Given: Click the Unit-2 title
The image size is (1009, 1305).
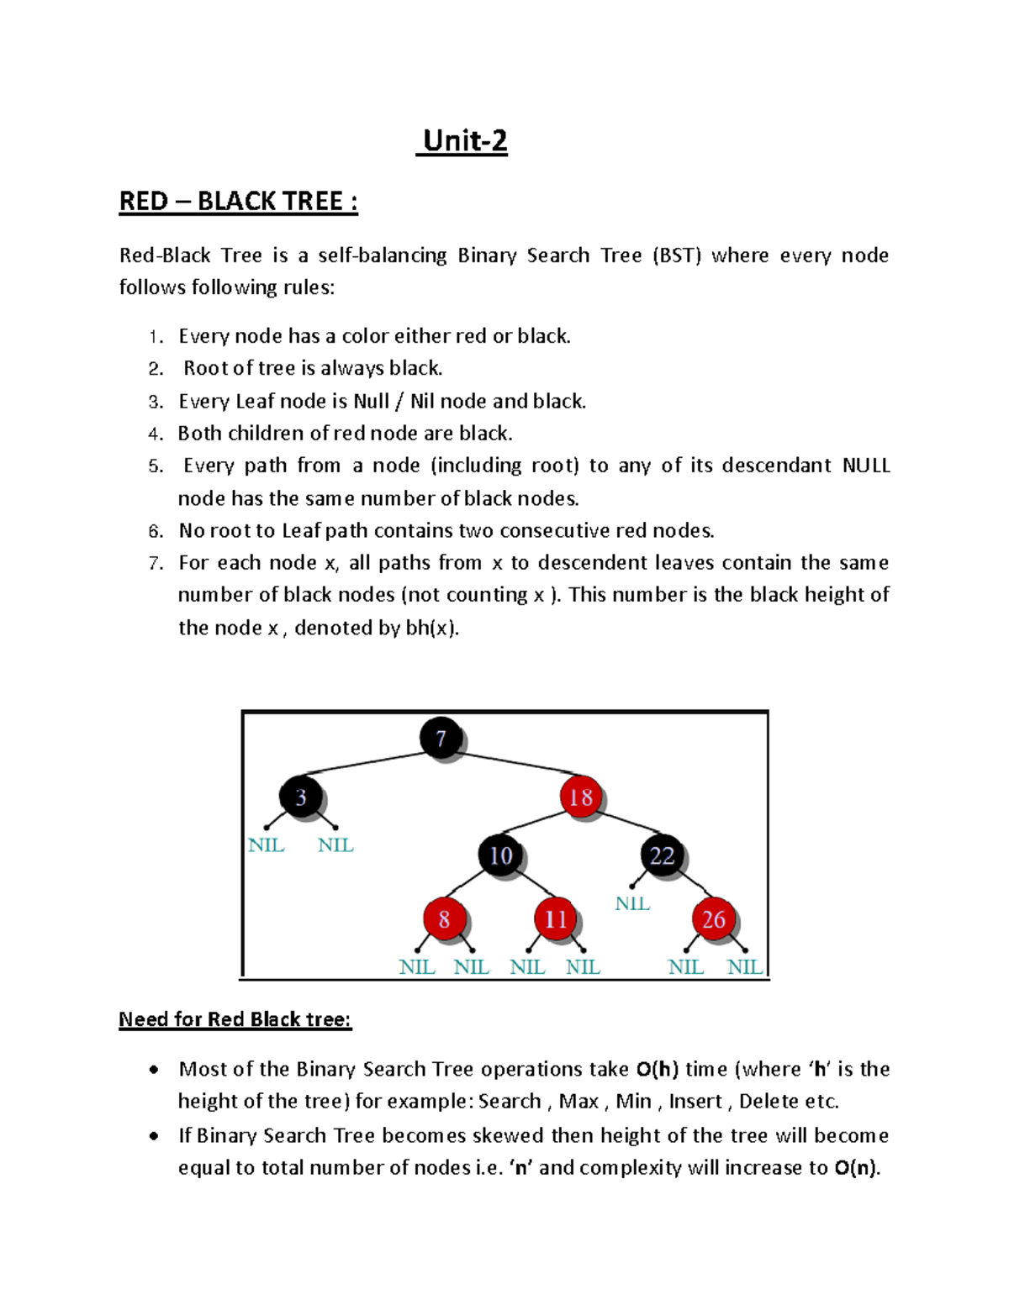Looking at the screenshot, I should tap(465, 140).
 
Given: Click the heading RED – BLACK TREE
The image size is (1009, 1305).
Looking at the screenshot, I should tap(238, 202).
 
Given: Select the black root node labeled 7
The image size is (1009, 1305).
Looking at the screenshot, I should tap(441, 739).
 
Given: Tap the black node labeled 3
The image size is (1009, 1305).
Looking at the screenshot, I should tap(300, 797).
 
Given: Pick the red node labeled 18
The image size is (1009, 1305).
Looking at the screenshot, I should tap(581, 797).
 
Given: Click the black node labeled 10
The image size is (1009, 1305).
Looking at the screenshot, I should tap(500, 855).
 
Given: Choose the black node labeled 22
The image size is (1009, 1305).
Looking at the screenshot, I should tap(662, 855).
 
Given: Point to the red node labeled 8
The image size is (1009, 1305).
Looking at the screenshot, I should tap(444, 919).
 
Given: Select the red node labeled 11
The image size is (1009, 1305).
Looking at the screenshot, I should tap(555, 919).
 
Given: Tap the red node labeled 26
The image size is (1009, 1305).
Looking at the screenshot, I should tap(713, 919).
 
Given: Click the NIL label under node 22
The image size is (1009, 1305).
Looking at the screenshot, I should tap(632, 904).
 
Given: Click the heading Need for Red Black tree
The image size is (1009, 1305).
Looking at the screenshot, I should tap(235, 1019).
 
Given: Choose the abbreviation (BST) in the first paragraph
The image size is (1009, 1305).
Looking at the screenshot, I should tap(676, 255).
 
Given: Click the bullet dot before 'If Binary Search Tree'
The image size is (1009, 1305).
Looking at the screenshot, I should tap(153, 1136).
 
